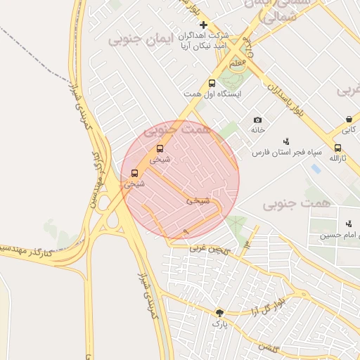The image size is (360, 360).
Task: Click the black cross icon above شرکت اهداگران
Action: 204,25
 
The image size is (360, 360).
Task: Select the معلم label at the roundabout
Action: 238,63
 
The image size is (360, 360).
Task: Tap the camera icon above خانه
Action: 257,120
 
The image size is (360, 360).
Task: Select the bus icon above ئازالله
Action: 338,148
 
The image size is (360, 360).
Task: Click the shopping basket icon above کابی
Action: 349,120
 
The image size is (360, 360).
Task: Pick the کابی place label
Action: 349,130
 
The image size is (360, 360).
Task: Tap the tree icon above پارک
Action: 220,313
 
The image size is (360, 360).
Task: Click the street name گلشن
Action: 267,347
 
